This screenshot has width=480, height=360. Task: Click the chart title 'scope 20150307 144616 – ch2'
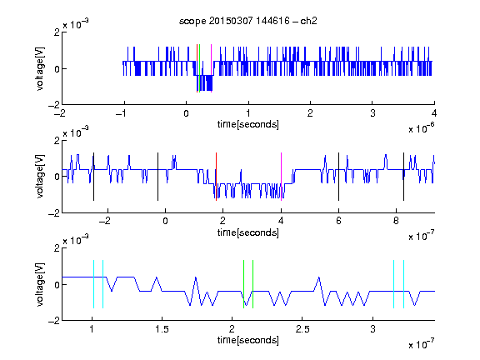(x=248, y=21)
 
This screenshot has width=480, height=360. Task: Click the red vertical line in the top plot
(x=197, y=68)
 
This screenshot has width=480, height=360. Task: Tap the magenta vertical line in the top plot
(x=211, y=68)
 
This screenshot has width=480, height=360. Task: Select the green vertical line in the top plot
(x=200, y=68)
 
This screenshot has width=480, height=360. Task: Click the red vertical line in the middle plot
(x=216, y=177)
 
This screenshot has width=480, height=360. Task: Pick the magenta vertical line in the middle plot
(x=281, y=177)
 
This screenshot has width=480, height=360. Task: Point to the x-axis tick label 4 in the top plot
(x=434, y=113)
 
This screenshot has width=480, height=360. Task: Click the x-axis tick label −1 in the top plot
(x=122, y=113)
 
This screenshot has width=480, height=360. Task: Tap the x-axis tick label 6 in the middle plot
(x=338, y=221)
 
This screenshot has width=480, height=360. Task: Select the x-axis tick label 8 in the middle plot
(x=396, y=221)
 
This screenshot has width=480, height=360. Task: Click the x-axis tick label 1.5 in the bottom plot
(x=162, y=329)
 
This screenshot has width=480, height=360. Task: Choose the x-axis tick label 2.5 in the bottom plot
(x=302, y=329)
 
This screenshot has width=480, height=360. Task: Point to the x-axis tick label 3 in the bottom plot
(x=372, y=329)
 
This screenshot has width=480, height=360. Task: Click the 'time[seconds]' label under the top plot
(x=248, y=124)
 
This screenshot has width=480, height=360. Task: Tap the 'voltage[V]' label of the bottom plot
(x=40, y=284)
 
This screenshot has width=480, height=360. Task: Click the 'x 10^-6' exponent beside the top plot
(x=421, y=128)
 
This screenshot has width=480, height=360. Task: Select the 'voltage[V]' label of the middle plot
(x=40, y=177)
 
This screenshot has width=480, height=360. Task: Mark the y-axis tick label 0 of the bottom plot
(x=57, y=285)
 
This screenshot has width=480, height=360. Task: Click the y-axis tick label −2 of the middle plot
(x=54, y=213)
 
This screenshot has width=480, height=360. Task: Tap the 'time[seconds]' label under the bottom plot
(x=248, y=340)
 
